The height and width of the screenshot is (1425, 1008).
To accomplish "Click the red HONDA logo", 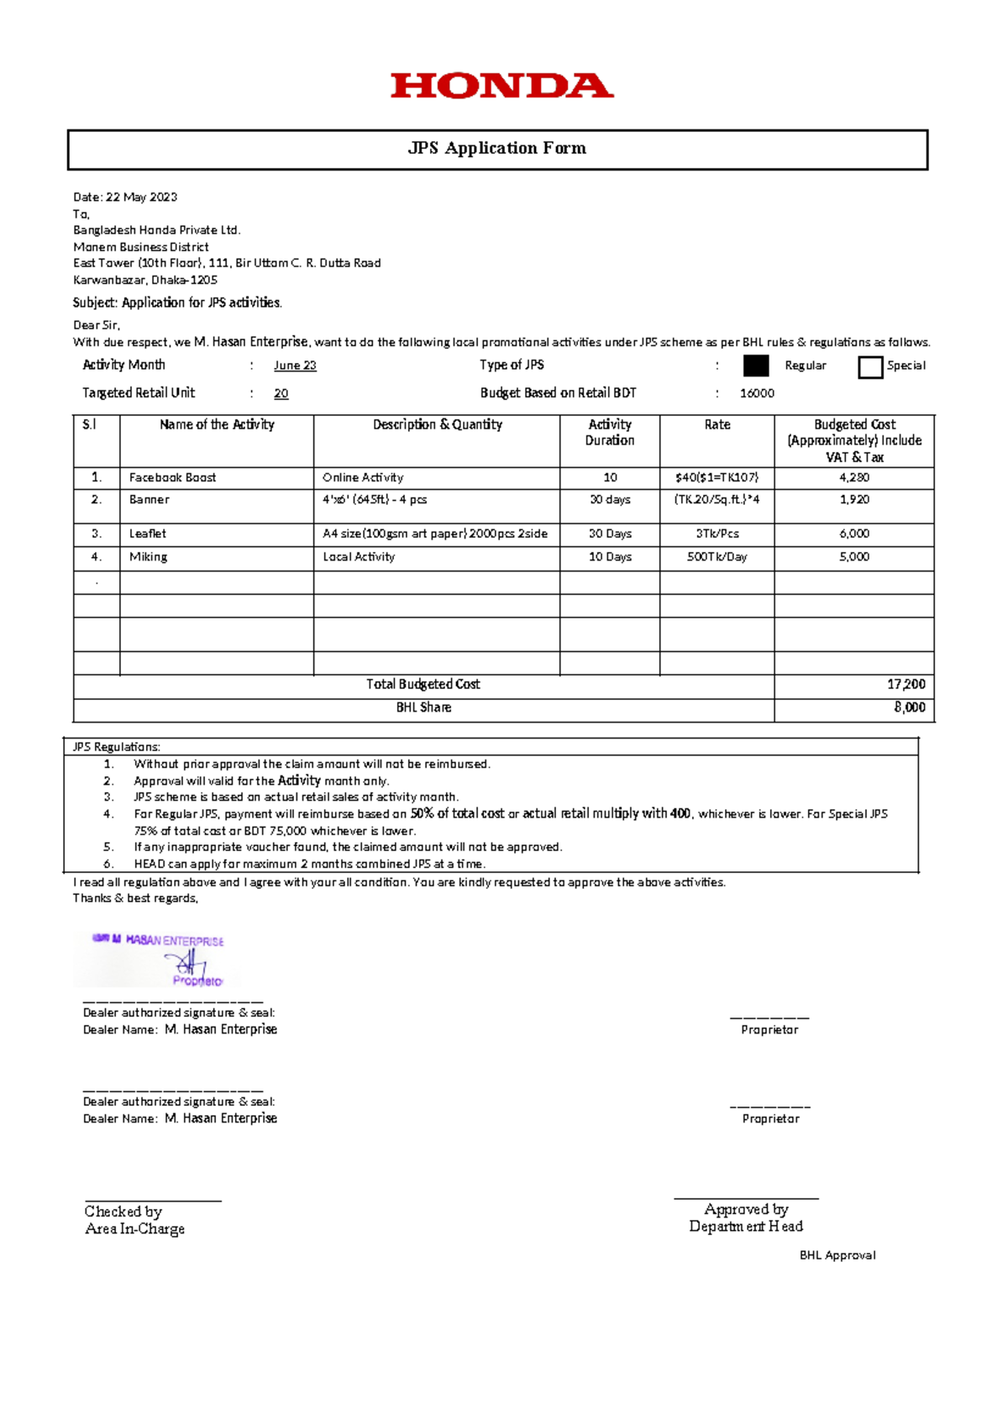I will tap(501, 86).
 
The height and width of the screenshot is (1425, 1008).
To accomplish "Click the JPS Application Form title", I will tap(497, 149).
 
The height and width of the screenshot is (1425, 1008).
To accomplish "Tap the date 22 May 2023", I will tap(141, 197).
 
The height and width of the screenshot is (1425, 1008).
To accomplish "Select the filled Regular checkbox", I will tap(756, 365).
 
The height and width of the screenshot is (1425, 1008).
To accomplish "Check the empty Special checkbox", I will tap(870, 367).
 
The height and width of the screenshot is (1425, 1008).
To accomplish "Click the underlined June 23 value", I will tap(295, 365).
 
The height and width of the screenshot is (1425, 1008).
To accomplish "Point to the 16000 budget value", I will tap(757, 393).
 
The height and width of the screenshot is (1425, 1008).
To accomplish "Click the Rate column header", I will tap(717, 425).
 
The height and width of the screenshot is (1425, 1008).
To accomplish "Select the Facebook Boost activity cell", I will tap(172, 477).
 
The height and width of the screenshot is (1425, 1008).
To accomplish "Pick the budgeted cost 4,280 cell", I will tap(854, 477).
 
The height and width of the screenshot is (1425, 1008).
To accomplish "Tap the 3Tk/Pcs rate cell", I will tap(717, 534).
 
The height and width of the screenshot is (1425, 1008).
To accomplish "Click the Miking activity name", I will tap(148, 557).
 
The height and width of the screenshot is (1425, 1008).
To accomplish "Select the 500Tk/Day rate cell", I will tap(717, 557).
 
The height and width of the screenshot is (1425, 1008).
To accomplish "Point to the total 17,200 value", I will tap(906, 685).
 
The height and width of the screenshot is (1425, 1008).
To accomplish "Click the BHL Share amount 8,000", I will tap(909, 708).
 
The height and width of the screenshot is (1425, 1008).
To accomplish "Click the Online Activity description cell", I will tap(363, 477).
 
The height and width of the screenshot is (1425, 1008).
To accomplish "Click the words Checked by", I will tap(123, 1212).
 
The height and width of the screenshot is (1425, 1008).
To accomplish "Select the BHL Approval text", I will tap(837, 1255).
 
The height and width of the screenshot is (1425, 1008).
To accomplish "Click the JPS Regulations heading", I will tap(116, 747).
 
